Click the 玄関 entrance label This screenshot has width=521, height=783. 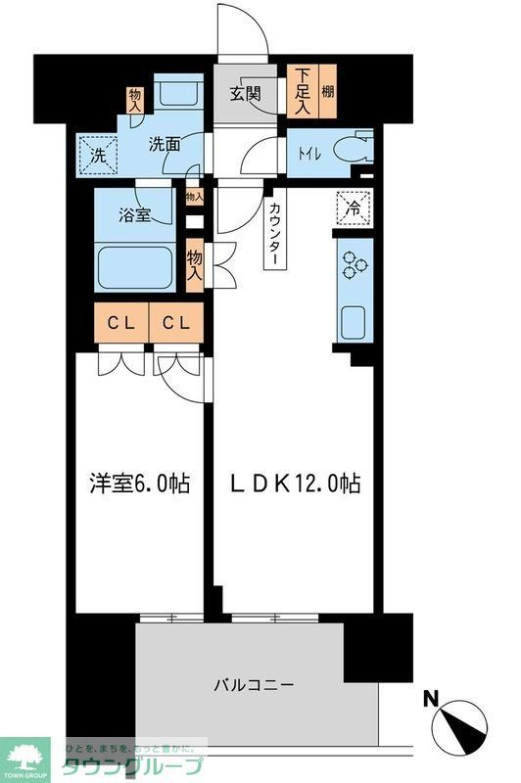[245, 95]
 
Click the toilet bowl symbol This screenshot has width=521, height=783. [350, 150]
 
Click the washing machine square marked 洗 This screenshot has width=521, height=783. [99, 153]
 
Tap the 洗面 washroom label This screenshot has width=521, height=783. [164, 144]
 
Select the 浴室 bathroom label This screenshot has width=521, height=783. [136, 214]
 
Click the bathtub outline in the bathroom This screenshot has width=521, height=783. [136, 263]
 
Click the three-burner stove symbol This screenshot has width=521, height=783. [354, 265]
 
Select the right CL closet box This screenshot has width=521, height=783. [176, 322]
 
